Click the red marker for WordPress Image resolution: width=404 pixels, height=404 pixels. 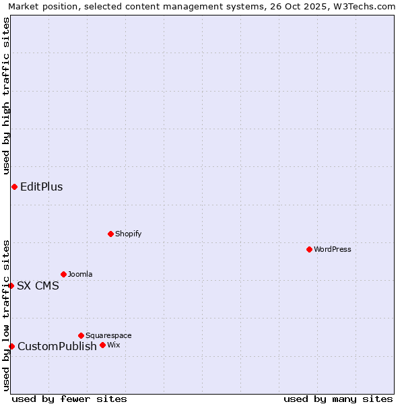click(x=309, y=249)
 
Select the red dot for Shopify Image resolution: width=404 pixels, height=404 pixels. click(x=110, y=234)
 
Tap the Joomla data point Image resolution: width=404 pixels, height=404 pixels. click(x=63, y=274)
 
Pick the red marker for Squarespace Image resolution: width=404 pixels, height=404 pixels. click(x=81, y=335)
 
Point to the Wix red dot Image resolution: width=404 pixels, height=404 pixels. click(x=102, y=345)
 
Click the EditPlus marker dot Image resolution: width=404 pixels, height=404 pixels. click(x=14, y=187)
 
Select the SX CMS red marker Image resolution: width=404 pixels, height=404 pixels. click(x=11, y=285)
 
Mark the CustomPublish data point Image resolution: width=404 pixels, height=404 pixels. click(x=11, y=346)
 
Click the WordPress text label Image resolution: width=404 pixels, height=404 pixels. click(x=333, y=249)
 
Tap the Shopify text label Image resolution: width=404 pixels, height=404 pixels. click(x=128, y=234)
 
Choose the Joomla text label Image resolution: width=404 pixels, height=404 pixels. click(x=80, y=274)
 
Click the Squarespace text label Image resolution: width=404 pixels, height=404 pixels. click(x=108, y=335)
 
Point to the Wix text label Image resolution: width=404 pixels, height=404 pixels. click(x=113, y=345)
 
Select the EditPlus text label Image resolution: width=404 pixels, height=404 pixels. click(x=42, y=187)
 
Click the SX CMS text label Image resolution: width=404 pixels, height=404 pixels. click(x=38, y=285)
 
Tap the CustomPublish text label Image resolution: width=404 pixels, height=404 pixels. click(x=57, y=346)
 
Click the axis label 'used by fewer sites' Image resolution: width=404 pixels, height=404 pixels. click(x=69, y=399)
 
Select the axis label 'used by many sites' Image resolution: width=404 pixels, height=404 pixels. click(x=338, y=399)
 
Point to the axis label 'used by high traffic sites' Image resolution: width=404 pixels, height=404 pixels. click(x=7, y=94)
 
